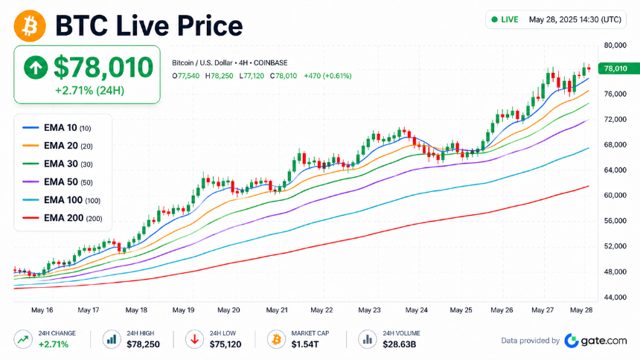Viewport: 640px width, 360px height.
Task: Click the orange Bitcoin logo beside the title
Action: pos(30,26)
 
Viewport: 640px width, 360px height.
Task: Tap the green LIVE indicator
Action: pos(505,19)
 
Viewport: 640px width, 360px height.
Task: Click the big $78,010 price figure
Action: pos(103,68)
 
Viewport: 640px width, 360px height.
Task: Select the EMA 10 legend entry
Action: pos(57,128)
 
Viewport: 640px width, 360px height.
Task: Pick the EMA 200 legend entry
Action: pos(62,218)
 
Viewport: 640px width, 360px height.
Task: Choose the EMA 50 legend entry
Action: pos(57,182)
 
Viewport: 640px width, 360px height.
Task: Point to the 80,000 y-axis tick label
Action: pos(615,45)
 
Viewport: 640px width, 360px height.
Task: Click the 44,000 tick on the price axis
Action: pos(615,297)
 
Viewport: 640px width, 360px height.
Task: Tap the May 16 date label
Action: pos(42,310)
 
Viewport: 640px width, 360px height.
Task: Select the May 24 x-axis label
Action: pos(416,310)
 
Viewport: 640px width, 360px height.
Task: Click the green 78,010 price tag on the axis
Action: pos(618,68)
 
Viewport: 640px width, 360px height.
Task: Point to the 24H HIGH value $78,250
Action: pos(143,344)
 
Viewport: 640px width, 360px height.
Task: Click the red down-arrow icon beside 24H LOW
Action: pos(195,339)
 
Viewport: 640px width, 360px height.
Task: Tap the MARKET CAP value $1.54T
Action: pos(305,344)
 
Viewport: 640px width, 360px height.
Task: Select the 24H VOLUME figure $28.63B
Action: pos(399,344)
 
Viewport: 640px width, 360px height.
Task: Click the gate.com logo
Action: pos(595,341)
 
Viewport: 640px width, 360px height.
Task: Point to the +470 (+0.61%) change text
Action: pos(327,76)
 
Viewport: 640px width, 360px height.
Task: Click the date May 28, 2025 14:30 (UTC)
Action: pos(575,19)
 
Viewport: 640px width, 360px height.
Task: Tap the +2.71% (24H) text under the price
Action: pos(89,91)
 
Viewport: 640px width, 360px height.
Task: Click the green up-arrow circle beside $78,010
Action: pos(36,68)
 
